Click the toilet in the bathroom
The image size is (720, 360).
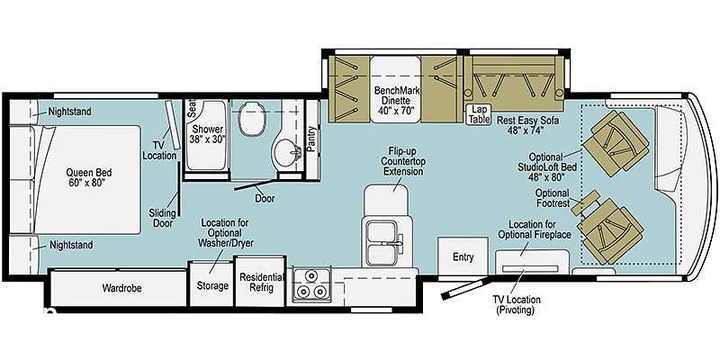pyautogui.click(x=252, y=118)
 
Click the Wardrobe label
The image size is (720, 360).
pyautogui.click(x=121, y=288)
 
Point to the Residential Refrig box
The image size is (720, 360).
pyautogui.click(x=260, y=282)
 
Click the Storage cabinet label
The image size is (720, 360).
pyautogui.click(x=212, y=286)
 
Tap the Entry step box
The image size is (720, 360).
pyautogui.click(x=463, y=256)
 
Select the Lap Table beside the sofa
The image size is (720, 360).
pyautogui.click(x=477, y=114)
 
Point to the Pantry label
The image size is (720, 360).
pyautogui.click(x=312, y=139)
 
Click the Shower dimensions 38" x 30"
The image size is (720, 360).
pyautogui.click(x=208, y=139)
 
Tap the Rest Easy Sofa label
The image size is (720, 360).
pyautogui.click(x=527, y=125)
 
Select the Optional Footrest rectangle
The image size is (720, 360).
pyautogui.click(x=585, y=202)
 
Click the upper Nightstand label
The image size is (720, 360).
pyautogui.click(x=70, y=112)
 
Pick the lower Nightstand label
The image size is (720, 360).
pyautogui.click(x=71, y=245)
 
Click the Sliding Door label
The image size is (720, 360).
pyautogui.click(x=162, y=218)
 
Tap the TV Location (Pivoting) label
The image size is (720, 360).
pyautogui.click(x=517, y=305)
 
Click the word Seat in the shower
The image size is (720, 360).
pyautogui.click(x=191, y=108)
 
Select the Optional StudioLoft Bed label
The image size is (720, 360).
pyautogui.click(x=546, y=166)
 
